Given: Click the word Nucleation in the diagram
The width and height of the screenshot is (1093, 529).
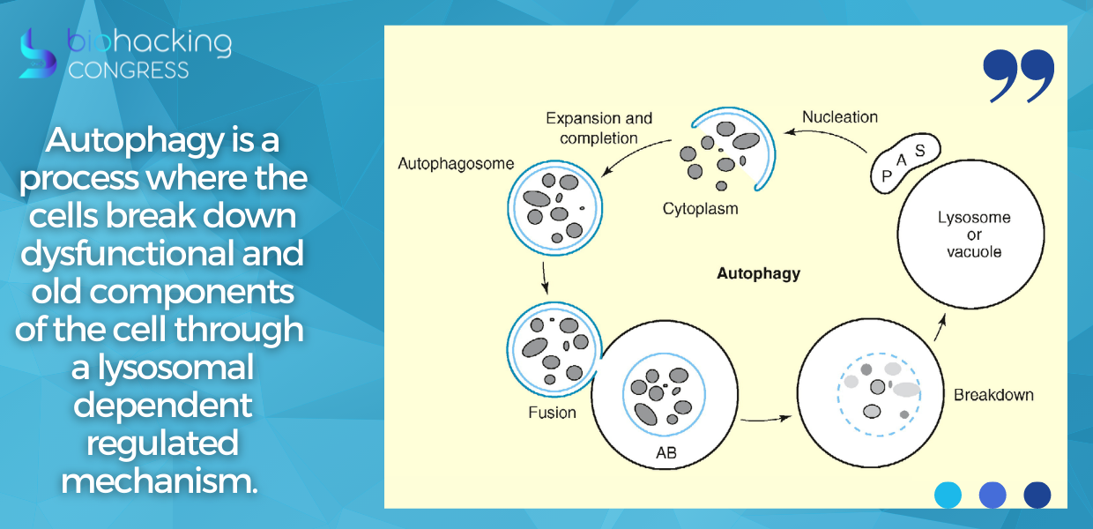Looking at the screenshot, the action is click(840, 117).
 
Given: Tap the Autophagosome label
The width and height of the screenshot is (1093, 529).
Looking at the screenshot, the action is click(456, 163).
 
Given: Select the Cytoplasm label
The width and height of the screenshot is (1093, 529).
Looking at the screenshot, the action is click(700, 209).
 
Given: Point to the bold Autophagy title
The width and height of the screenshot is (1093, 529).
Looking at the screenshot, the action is click(758, 274).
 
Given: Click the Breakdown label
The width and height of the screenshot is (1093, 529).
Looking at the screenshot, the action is click(993, 395).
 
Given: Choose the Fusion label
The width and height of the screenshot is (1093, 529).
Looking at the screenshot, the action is click(552, 413).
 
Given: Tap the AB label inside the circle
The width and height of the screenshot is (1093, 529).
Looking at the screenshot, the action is click(666, 453).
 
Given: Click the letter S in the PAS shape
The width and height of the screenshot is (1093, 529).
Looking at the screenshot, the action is click(919, 151).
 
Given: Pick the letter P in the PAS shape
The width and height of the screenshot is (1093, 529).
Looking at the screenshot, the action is click(887, 176).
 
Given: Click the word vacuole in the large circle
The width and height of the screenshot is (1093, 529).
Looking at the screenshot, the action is click(974, 252).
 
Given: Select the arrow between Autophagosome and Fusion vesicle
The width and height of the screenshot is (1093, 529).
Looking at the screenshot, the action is click(545, 278).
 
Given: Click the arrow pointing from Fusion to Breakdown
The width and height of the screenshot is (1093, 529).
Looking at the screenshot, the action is click(766, 419).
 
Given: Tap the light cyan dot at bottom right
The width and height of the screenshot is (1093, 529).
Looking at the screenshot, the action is click(948, 495).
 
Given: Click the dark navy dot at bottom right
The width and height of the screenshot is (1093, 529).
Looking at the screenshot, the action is click(1037, 495).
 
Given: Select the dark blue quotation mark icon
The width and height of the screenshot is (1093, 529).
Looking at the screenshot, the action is click(1018, 76).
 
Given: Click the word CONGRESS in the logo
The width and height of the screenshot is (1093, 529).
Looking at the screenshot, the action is click(129, 71).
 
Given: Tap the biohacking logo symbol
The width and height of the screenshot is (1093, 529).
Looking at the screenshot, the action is click(37, 54).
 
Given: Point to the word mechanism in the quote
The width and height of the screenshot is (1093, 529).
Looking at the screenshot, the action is click(160, 481).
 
